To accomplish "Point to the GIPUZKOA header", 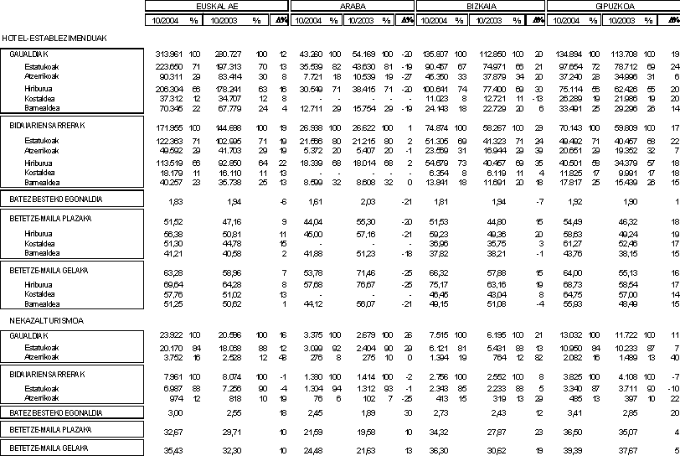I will [611, 5].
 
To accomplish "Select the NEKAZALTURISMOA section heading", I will [32, 320].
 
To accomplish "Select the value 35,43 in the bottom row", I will [174, 450].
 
